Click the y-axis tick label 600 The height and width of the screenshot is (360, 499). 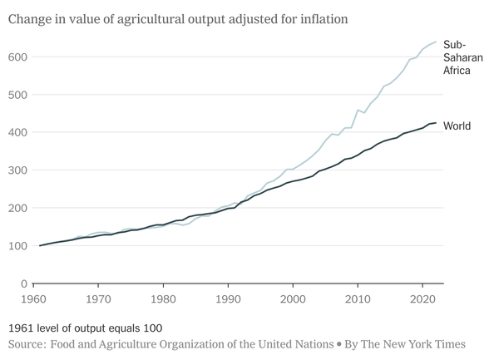[x=16, y=57]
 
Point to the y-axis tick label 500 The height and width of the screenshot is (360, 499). [x=16, y=95]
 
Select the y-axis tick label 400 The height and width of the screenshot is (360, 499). [x=16, y=132]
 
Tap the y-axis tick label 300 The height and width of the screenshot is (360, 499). [x=16, y=170]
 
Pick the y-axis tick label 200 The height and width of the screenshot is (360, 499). [x=16, y=208]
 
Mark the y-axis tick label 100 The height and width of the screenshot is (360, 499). [x=16, y=246]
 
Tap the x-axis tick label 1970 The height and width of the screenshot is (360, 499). [x=99, y=298]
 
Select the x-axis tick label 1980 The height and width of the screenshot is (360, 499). [x=164, y=298]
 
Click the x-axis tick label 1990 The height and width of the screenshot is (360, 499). [x=229, y=298]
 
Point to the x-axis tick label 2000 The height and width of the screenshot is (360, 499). [x=294, y=298]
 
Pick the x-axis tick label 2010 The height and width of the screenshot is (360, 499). [x=358, y=298]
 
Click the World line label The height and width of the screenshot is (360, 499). [x=457, y=126]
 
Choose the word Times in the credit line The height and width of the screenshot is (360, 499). [x=447, y=343]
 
